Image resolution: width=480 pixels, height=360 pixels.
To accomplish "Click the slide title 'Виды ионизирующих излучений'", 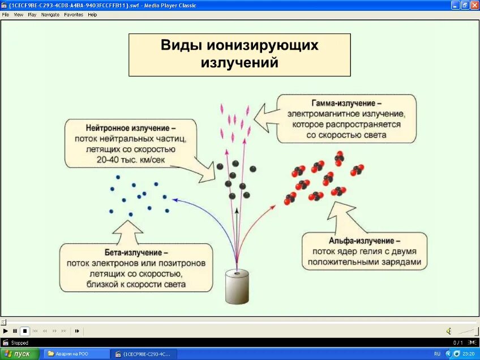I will pos(239,54).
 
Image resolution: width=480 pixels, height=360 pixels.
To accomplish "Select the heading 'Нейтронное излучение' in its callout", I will pos(131,128).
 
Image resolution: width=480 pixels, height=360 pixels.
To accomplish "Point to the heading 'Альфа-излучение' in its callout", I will pos(365,241).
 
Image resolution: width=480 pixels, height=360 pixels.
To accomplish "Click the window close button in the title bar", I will pos(474,5).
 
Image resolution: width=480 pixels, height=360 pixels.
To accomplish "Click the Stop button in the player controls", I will pos(24,331).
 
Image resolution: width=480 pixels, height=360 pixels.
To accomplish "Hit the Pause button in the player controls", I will pos(15,331).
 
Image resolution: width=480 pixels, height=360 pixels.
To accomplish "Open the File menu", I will pos(5,15).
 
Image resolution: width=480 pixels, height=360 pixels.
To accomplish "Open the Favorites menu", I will pos(73,15).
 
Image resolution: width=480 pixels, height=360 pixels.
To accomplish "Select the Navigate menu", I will pos(50,15).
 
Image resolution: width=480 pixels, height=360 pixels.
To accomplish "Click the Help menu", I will pos(92,15).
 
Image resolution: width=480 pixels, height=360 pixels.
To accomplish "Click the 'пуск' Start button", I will pos(19,354).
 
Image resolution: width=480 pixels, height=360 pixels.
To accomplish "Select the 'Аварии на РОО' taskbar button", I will pos(76,354).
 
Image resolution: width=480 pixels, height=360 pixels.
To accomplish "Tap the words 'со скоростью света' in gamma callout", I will pos(346,135).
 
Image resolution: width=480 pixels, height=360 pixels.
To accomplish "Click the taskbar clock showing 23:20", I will pos(469,354).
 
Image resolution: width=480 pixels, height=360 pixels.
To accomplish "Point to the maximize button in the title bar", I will pos(465,5).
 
